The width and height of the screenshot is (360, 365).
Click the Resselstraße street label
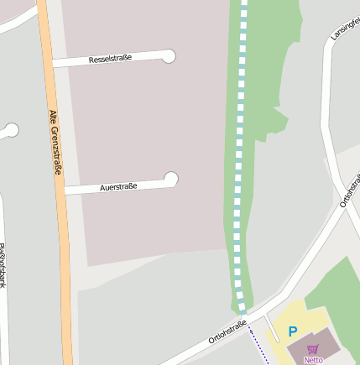[110, 60]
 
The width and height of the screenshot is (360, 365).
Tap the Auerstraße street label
[118, 186]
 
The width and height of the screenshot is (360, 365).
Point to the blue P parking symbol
[293, 331]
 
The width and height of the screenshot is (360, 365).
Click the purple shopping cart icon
[313, 348]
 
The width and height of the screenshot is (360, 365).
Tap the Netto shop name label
[313, 360]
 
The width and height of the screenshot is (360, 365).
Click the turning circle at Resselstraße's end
[169, 56]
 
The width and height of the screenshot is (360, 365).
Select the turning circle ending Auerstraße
[171, 179]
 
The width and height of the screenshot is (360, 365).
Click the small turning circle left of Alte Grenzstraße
[11, 130]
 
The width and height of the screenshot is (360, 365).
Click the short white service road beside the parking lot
[272, 330]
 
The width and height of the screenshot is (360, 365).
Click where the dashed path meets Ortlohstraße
[243, 315]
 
